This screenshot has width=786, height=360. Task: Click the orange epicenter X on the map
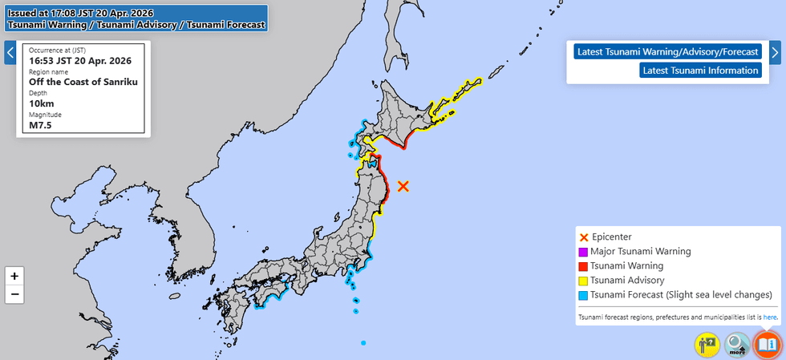403,186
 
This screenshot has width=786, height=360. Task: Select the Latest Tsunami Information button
700,71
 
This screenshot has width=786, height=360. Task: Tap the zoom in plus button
14,275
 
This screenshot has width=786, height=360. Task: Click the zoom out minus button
14,294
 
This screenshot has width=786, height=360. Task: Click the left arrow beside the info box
10,53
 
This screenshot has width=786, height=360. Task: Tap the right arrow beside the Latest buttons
775,53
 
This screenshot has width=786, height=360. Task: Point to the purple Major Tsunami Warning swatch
583,252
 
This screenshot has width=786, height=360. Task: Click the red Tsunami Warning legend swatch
583,266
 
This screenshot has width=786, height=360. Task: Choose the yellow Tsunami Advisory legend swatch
583,281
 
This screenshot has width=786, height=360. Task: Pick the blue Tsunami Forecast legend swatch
583,295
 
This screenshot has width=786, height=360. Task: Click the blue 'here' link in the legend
770,318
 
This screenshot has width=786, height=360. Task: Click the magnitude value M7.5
40,125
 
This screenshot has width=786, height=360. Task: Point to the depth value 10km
42,103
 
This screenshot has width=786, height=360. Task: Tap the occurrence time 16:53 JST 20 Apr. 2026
81,60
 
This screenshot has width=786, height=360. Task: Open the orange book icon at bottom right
767,344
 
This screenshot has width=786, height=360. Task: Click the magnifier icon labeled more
736,344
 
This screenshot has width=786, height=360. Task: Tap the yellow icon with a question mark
707,344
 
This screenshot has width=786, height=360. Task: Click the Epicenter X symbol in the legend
583,237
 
